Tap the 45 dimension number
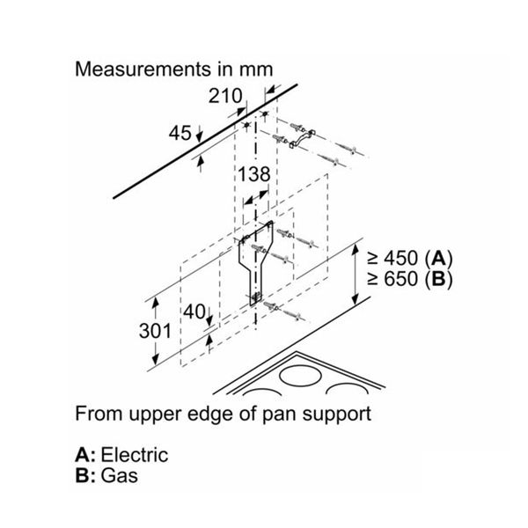(180, 133)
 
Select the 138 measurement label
(253, 174)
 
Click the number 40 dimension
(194, 312)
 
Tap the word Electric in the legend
(135, 456)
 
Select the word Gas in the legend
(120, 477)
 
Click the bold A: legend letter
(86, 456)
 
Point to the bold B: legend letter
(86, 477)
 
